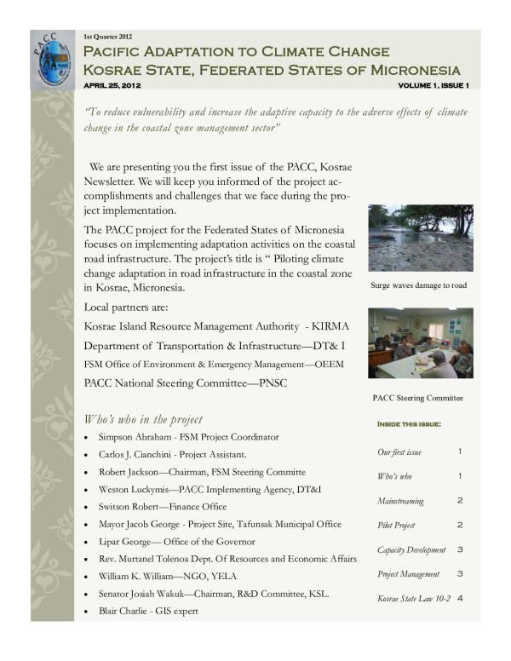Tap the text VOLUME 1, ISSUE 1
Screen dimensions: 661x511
[433, 86]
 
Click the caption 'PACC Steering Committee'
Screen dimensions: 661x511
[418, 398]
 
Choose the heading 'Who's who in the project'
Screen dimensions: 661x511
[143, 419]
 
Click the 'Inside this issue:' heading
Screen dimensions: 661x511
[408, 423]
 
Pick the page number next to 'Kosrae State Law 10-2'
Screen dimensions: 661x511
[459, 599]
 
